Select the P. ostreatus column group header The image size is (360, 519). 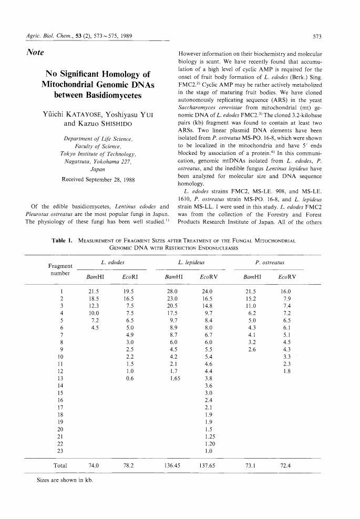pyautogui.click(x=273, y=262)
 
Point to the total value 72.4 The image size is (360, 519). pyautogui.click(x=285, y=465)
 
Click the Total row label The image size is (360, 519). pyautogui.click(x=60, y=465)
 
